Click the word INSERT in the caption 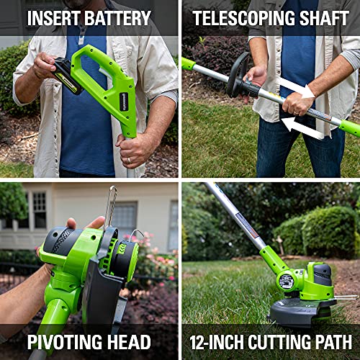coord(54,17)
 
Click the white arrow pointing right coord(297,88)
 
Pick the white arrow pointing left coord(302,128)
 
